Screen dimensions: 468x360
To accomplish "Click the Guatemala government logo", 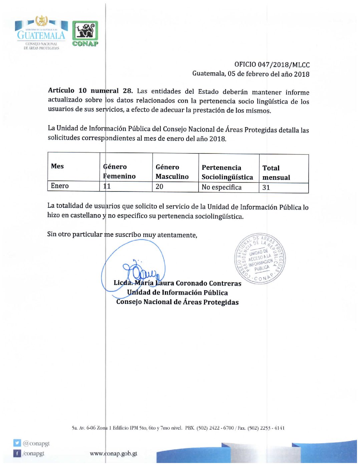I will pos(41,33).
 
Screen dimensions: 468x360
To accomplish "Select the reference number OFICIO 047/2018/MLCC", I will pos(272,65).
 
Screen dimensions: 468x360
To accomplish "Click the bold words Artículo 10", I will pos(67,90).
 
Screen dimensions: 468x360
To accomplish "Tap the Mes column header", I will pos(57,166).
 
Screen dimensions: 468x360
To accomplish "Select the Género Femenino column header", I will pos(119,171).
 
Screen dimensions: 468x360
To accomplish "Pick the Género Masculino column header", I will pos(172,171).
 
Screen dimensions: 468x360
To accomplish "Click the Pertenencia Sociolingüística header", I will pos(227,172).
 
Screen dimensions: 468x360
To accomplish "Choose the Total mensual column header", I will pos(276,172).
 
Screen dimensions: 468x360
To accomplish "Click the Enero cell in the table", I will pos(60,186).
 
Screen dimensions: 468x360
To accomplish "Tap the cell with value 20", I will pos(159,186).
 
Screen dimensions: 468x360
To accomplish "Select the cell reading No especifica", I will pos(221,187).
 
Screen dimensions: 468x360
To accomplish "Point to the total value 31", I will pos(266,187).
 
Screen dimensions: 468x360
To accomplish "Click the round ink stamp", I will pos(260,259).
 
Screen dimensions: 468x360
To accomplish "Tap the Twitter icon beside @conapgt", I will pos(17,443).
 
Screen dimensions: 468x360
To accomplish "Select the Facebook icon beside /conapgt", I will pos(17,453).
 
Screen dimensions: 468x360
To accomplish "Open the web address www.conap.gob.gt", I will pos(113,453).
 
